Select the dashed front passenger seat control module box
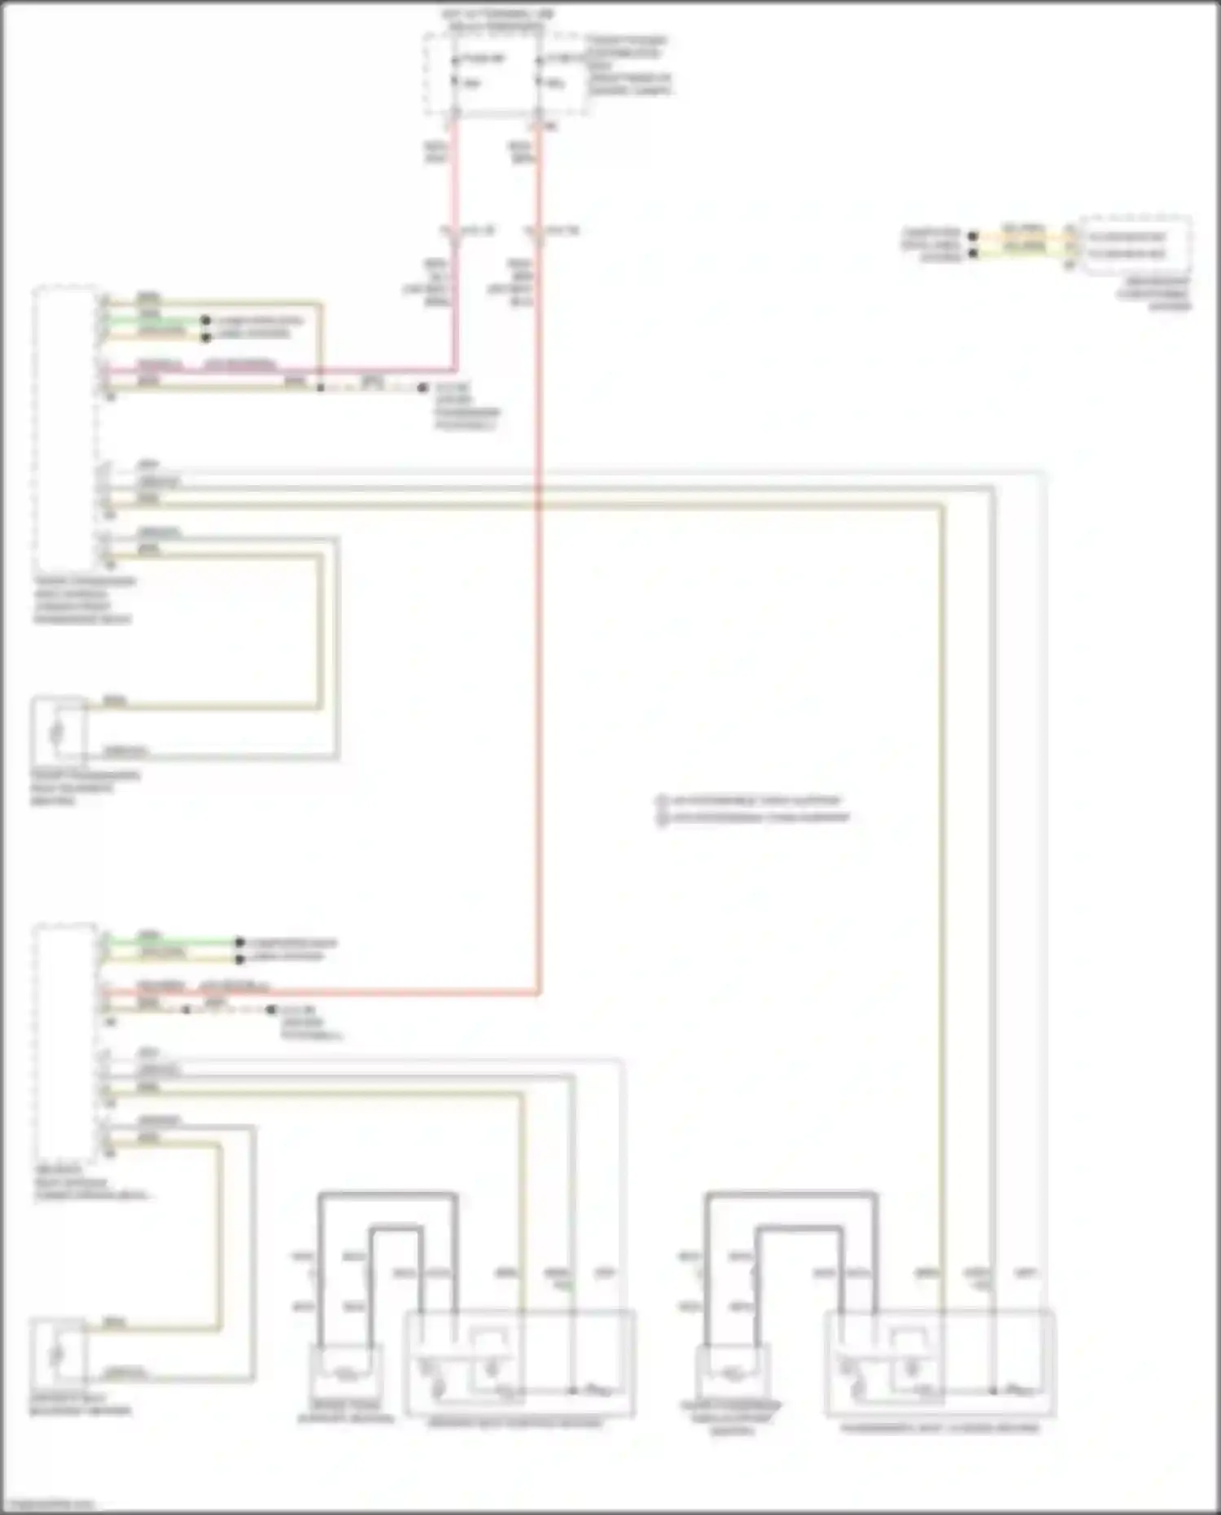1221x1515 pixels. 65,427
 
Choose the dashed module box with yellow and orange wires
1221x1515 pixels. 1136,245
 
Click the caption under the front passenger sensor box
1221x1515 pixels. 85,787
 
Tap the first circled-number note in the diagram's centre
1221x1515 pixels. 749,801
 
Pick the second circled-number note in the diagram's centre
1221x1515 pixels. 754,817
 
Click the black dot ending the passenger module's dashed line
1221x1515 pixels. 422,388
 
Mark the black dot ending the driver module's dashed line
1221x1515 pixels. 271,1010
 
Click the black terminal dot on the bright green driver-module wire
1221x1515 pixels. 239,943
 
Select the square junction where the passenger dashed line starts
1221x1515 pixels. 321,388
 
